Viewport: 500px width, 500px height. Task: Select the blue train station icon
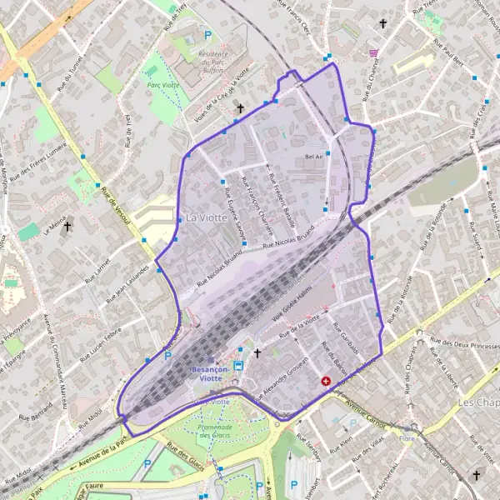click(239, 365)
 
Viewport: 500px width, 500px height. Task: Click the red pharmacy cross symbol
click(325, 381)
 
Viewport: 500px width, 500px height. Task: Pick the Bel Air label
click(314, 156)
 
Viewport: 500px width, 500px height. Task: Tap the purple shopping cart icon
click(374, 52)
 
